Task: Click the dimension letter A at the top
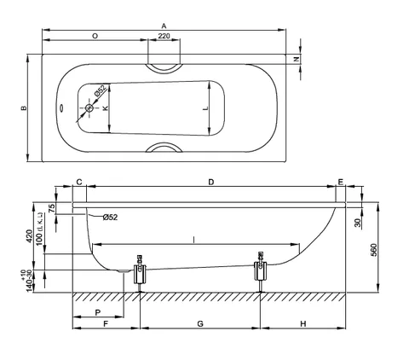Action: (164, 26)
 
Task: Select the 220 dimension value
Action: (164, 36)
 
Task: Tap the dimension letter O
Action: (95, 36)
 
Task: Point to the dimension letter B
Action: (25, 108)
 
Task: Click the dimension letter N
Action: (297, 59)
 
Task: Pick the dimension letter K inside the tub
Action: (106, 108)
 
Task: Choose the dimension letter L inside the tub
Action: (205, 108)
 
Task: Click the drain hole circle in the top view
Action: (89, 107)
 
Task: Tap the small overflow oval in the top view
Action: (61, 108)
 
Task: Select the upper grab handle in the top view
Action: (164, 70)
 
